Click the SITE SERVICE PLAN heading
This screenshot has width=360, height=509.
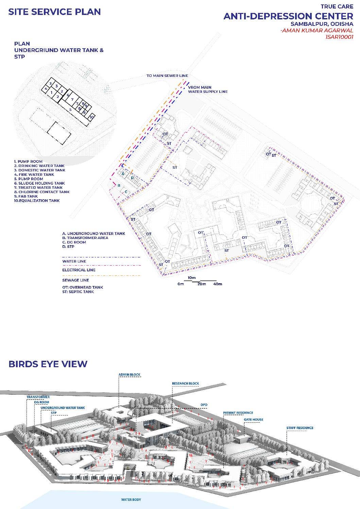(x=54, y=12)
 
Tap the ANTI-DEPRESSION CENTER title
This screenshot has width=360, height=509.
(x=288, y=16)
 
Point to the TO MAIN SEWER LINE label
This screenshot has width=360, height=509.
(x=167, y=76)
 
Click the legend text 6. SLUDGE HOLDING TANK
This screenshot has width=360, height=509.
(x=39, y=183)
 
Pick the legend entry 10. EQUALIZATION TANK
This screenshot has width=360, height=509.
(x=37, y=201)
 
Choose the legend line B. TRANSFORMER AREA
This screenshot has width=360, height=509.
(x=85, y=238)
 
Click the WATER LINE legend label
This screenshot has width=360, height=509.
(x=74, y=261)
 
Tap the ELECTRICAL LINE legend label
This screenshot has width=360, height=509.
(x=79, y=270)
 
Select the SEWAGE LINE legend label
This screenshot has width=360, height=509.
(x=75, y=280)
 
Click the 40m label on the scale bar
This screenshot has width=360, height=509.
(x=218, y=284)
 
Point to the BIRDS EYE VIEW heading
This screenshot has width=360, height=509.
(x=48, y=364)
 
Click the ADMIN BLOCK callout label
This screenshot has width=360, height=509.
(x=129, y=375)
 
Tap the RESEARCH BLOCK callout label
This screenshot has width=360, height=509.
(x=185, y=384)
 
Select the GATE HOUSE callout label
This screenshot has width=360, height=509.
(x=253, y=420)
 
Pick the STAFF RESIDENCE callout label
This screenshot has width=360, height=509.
(x=299, y=428)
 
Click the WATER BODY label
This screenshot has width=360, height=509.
(x=131, y=500)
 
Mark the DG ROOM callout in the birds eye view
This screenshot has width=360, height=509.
(x=41, y=403)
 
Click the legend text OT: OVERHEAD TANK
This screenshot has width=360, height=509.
(x=83, y=287)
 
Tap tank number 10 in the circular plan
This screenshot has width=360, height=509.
(x=91, y=117)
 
